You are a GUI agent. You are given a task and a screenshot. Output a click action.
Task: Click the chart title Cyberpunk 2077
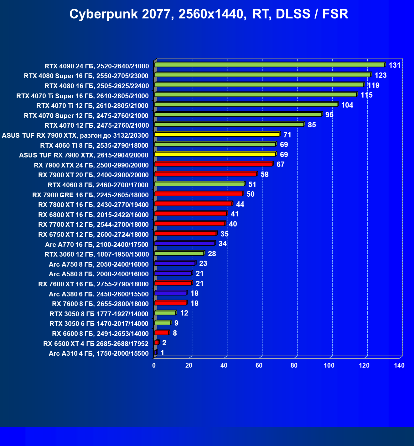[x=209, y=14]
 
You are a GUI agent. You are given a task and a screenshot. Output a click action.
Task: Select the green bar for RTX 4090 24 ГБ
[x=269, y=65]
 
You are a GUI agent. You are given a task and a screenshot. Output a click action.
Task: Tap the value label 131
[x=395, y=65]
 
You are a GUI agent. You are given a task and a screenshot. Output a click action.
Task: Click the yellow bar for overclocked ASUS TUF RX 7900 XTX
[x=217, y=134]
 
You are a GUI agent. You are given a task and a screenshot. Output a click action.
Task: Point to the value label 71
[x=287, y=135]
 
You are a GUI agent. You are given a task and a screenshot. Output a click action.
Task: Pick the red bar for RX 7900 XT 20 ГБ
[x=205, y=174]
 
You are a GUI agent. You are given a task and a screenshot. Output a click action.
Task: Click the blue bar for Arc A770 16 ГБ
[x=184, y=243]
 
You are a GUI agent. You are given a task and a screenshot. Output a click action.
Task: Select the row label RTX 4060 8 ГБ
[x=98, y=185]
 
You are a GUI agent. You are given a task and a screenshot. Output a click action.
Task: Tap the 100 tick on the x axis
[x=329, y=365]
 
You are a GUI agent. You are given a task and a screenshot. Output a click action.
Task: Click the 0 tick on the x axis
[x=154, y=365]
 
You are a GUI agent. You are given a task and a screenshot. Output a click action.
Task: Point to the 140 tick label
[x=399, y=365]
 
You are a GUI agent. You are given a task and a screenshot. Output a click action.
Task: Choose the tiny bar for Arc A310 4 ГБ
[x=156, y=353]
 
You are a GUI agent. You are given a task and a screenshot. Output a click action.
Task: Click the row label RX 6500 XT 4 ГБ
[x=96, y=344]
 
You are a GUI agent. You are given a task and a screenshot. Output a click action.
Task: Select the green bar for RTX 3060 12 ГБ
[x=179, y=253]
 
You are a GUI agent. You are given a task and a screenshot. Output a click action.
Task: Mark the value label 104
[x=347, y=105]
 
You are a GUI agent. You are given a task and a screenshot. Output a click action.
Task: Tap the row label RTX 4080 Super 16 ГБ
[x=86, y=76]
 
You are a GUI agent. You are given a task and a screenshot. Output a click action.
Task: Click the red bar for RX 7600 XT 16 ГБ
[x=173, y=283]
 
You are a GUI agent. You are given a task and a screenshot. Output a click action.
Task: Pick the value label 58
[x=264, y=174]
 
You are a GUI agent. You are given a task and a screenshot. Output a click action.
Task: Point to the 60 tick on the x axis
[x=259, y=365]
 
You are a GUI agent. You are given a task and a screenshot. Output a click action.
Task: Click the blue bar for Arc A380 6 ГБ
[x=170, y=293]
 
